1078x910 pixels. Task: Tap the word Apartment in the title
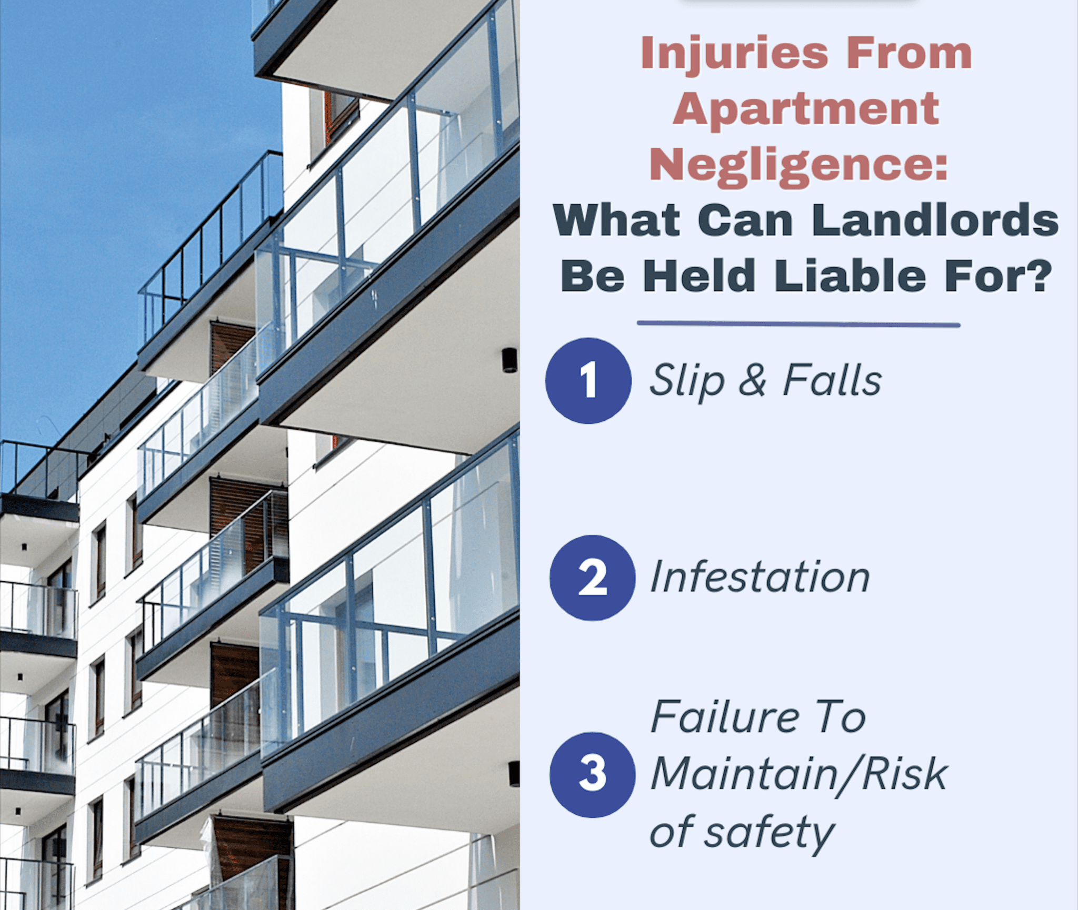(x=805, y=109)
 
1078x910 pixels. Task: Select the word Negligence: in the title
(x=798, y=165)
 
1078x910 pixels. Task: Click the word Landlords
(x=935, y=220)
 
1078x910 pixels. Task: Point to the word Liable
(x=850, y=276)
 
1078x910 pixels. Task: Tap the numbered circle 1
(x=588, y=380)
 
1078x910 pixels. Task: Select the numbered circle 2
(x=592, y=578)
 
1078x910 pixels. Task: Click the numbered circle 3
(x=592, y=774)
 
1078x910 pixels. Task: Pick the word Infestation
(x=760, y=578)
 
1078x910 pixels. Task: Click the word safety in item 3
(x=770, y=833)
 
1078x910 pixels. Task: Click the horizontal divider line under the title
(x=798, y=325)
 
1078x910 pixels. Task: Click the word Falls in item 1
(x=832, y=380)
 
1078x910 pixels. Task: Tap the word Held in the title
(x=699, y=276)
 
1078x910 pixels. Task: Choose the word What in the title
(x=616, y=220)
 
